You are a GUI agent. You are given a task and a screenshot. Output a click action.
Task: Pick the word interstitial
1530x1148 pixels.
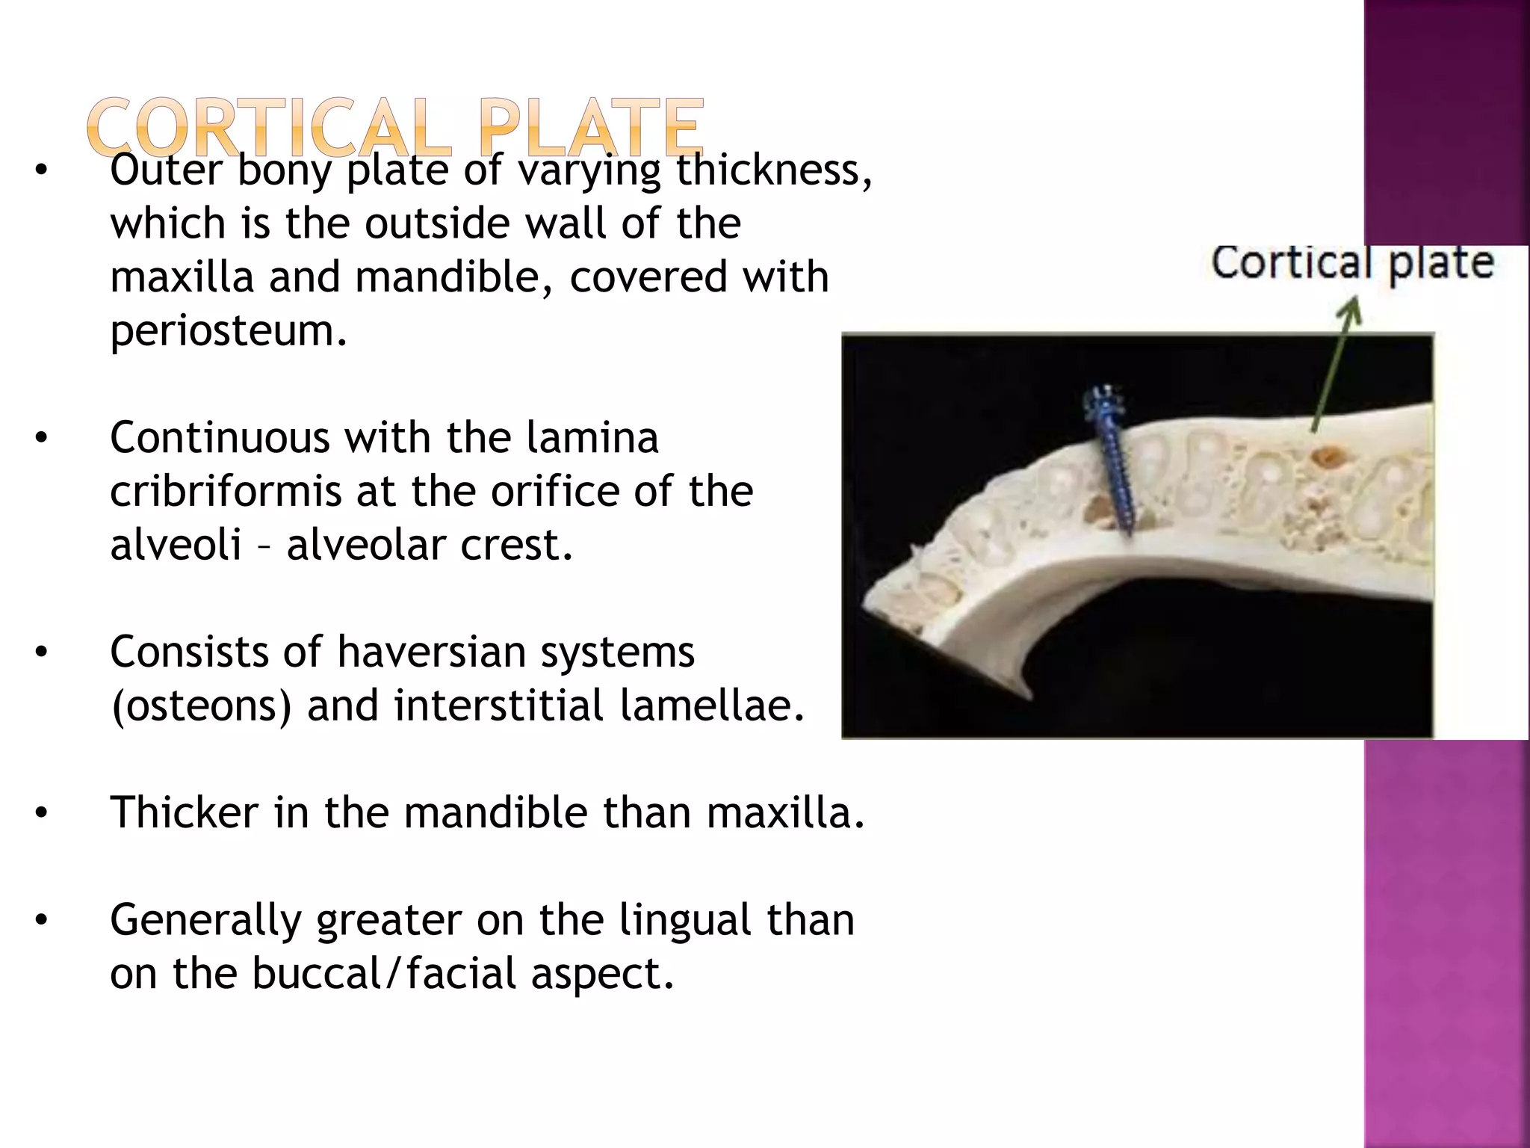pos(498,706)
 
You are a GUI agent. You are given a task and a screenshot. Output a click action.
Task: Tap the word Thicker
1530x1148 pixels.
pos(184,812)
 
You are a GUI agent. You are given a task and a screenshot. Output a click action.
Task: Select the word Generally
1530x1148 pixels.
pos(204,920)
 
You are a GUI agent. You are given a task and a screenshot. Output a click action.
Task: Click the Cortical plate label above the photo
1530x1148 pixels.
pos(1352,263)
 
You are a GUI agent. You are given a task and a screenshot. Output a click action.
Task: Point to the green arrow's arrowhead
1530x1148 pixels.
pos(1351,308)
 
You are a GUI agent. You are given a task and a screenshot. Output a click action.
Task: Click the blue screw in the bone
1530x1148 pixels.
pos(1110,471)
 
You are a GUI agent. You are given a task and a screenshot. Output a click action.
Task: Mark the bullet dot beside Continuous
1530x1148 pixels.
pos(41,439)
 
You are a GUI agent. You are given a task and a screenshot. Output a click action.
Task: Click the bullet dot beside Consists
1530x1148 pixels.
pos(41,653)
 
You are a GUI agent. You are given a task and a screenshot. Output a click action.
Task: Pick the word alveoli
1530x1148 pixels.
pos(176,545)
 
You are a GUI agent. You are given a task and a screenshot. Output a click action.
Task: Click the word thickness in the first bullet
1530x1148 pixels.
pos(772,170)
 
